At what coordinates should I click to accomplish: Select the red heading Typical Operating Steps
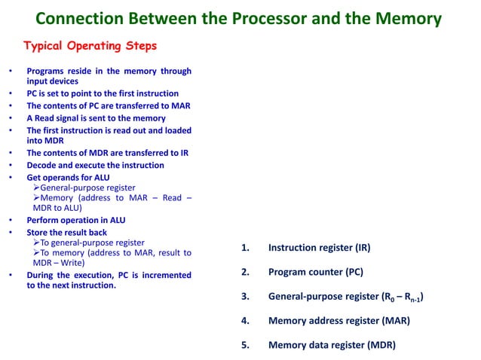(90, 46)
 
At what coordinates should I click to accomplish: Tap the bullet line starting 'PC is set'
(103, 93)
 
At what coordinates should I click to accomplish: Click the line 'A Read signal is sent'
(96, 117)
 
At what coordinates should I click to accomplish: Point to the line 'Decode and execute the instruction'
(95, 165)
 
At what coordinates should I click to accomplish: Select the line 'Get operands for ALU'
(68, 178)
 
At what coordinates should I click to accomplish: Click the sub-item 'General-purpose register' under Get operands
(87, 188)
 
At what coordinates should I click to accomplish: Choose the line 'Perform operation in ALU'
(75, 221)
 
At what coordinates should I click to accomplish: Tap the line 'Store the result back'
(66, 233)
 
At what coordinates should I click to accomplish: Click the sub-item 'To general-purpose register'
(92, 243)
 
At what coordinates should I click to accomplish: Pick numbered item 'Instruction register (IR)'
(319, 247)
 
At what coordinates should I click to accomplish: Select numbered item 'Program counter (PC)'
(315, 272)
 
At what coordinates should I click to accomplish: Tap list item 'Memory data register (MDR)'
(331, 346)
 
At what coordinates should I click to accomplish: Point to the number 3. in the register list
(245, 297)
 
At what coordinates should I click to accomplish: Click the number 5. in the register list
(245, 346)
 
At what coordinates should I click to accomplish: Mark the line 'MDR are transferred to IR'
(108, 153)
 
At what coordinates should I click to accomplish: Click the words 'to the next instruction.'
(72, 285)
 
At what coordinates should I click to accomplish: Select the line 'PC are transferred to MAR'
(109, 105)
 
